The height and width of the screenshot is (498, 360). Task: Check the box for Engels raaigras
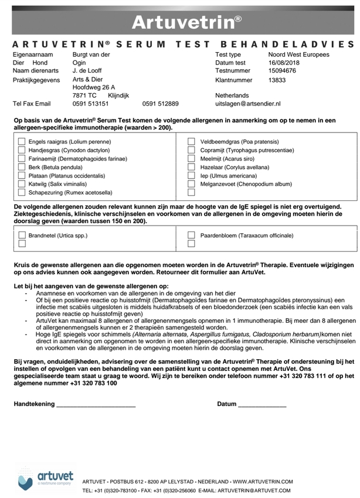click(x=22, y=142)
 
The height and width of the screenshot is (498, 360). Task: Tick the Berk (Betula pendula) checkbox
click(x=22, y=167)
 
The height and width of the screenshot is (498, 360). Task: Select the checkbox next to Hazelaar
click(x=191, y=167)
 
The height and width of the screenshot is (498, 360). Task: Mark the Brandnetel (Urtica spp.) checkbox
click(x=22, y=235)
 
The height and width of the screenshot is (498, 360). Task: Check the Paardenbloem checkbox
click(x=191, y=235)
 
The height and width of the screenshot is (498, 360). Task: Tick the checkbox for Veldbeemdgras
click(x=191, y=142)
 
